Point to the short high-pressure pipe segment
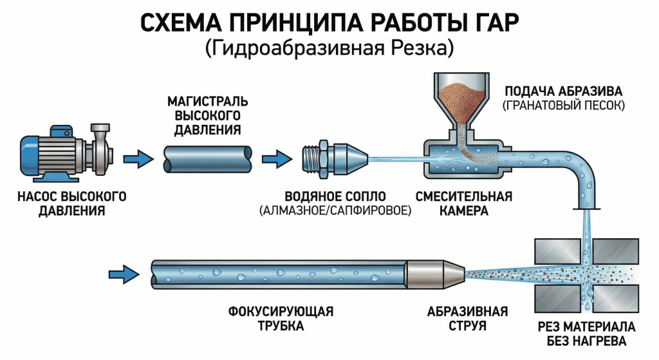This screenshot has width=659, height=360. (x=207, y=158)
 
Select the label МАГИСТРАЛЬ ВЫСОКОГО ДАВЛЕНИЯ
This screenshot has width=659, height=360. (x=207, y=116)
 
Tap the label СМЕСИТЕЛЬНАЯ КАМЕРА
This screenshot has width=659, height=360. (x=464, y=203)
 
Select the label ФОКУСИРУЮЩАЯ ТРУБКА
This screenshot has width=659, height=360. (x=281, y=319)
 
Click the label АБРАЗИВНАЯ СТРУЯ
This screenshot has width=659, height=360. (x=467, y=319)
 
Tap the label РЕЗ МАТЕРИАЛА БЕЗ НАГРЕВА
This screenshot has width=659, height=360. (x=586, y=333)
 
